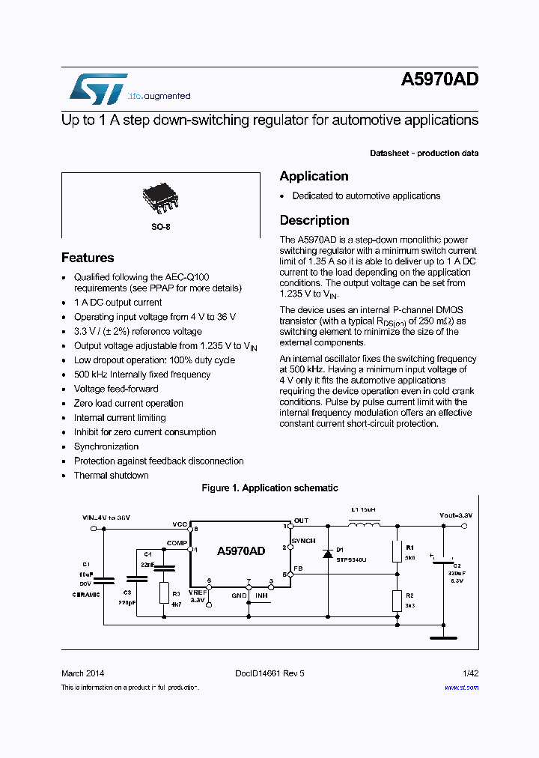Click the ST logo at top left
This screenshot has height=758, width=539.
pos(98,88)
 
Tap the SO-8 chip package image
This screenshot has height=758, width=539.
pos(159,197)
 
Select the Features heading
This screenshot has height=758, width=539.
pos(88,258)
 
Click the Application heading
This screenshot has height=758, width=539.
pos(314,176)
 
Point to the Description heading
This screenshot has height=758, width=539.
pos(314,220)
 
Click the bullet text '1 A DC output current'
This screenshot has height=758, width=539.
pos(118,303)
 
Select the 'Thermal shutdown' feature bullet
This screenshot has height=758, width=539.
pos(111,476)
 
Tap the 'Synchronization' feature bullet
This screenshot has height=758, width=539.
pos(106,446)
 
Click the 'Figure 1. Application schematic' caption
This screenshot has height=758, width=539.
pos(269,488)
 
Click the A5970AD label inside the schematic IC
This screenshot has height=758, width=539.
pos(241,551)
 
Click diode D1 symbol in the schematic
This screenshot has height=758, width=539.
pos(327,554)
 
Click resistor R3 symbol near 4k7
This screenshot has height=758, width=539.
pos(165,593)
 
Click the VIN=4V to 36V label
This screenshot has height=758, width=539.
pos(106,518)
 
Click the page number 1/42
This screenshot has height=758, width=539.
pos(470,673)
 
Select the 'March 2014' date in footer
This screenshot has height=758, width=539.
pos(82,673)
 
